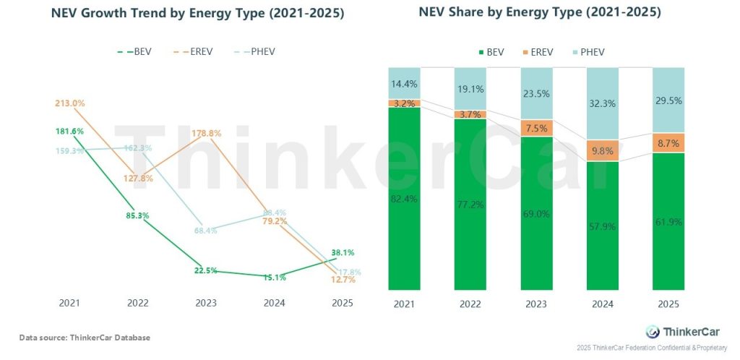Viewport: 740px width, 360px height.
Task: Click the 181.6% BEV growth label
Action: tap(69, 131)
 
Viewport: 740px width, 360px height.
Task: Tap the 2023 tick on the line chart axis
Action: tap(206, 304)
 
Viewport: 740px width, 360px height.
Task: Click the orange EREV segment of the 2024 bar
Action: tap(601, 150)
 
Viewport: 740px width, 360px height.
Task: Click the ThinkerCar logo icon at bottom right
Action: tap(651, 331)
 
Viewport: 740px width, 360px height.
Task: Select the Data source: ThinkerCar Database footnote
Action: tap(85, 338)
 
